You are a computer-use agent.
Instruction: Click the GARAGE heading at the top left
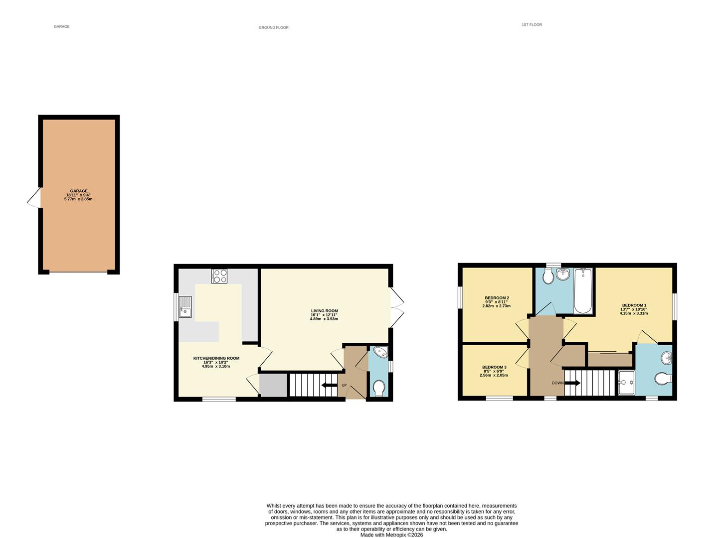click(61, 26)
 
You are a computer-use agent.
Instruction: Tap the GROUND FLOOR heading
click(273, 27)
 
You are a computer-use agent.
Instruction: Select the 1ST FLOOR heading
click(532, 24)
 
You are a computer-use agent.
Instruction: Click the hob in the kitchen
click(219, 276)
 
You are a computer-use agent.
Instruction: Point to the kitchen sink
click(185, 306)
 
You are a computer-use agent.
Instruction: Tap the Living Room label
click(324, 311)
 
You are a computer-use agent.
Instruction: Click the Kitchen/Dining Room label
click(216, 358)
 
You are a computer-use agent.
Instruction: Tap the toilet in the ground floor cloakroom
click(379, 388)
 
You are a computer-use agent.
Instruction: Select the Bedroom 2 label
click(497, 298)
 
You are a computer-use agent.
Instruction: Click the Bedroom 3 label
click(494, 367)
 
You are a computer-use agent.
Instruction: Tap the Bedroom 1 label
click(634, 305)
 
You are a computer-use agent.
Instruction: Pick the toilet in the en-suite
click(663, 380)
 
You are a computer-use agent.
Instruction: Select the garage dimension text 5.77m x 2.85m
click(78, 199)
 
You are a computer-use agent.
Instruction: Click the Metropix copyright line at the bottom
click(391, 535)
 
